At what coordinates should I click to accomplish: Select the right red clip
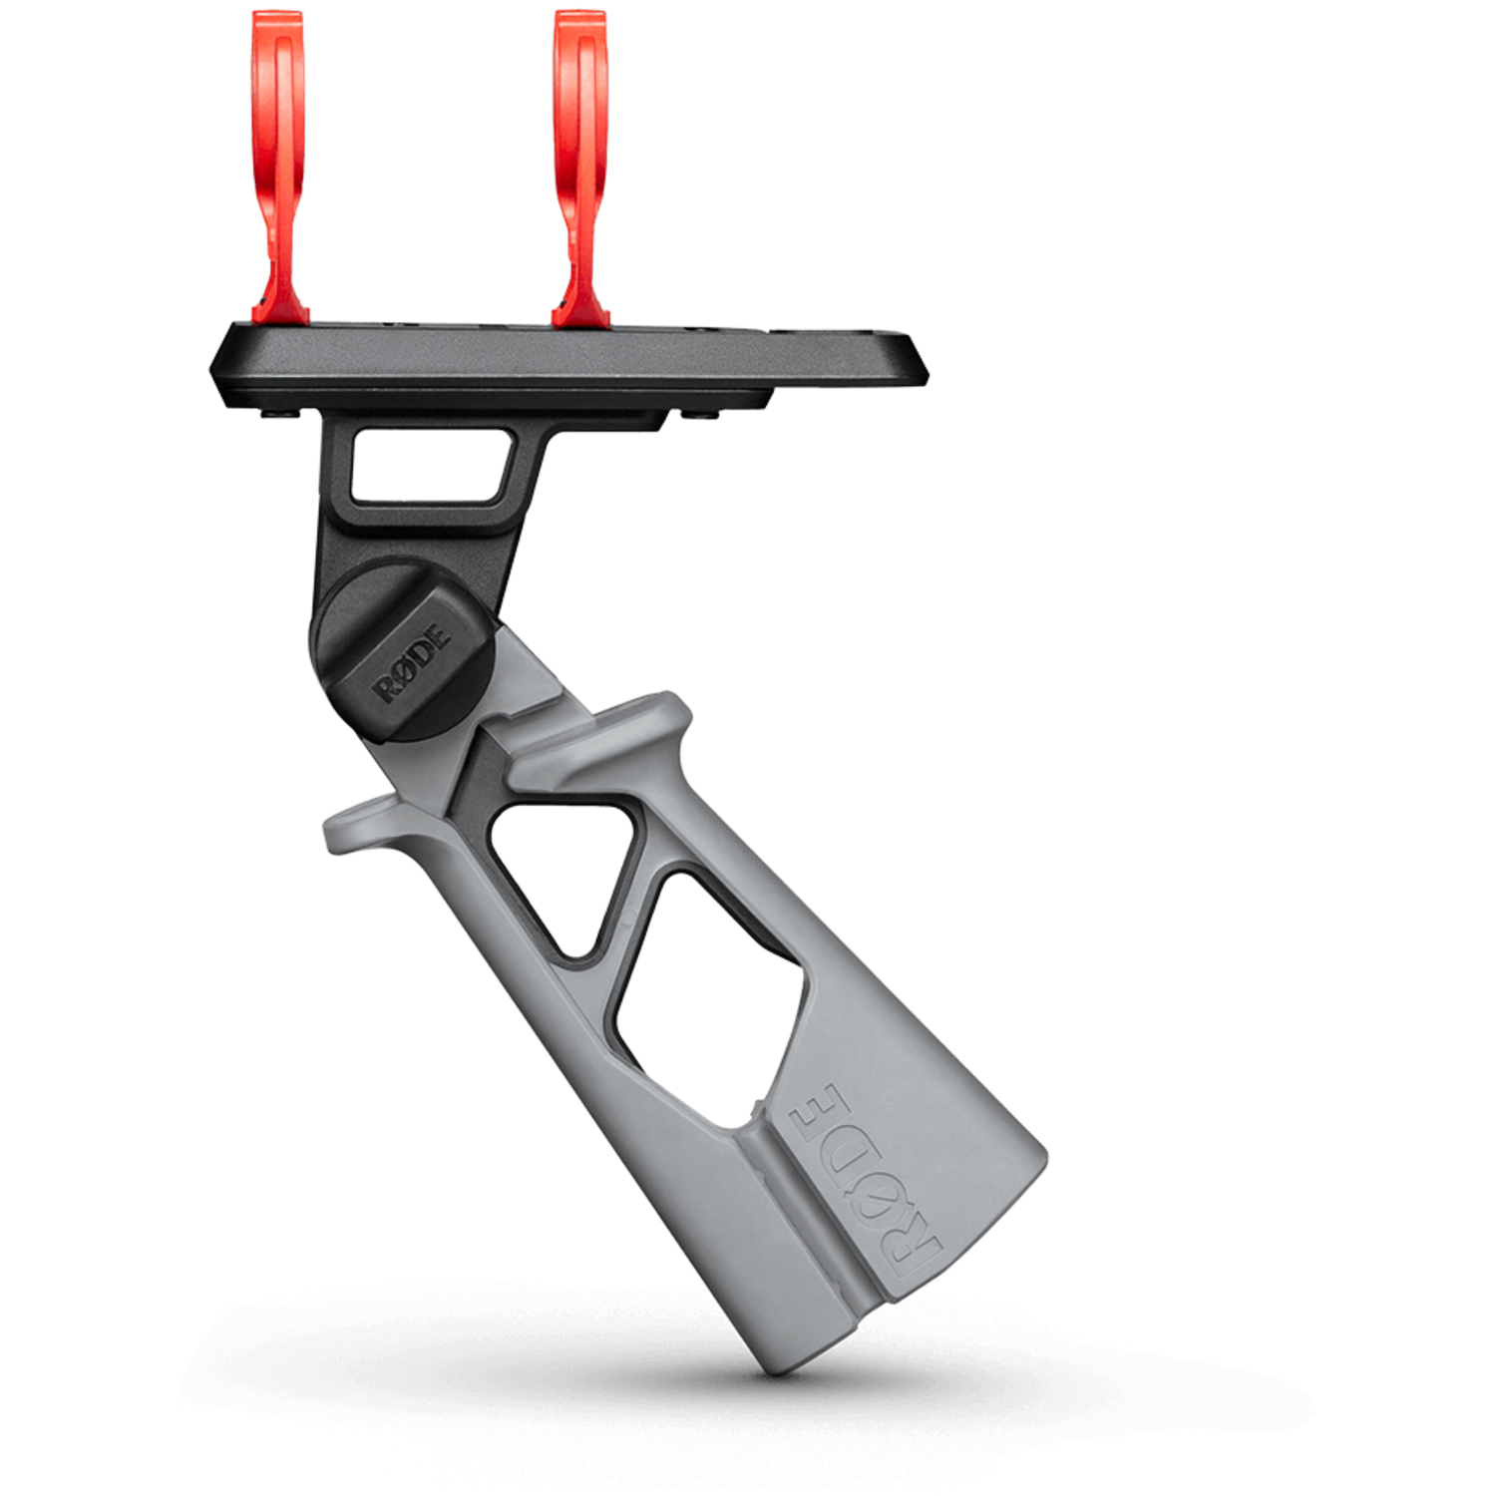(x=579, y=170)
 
